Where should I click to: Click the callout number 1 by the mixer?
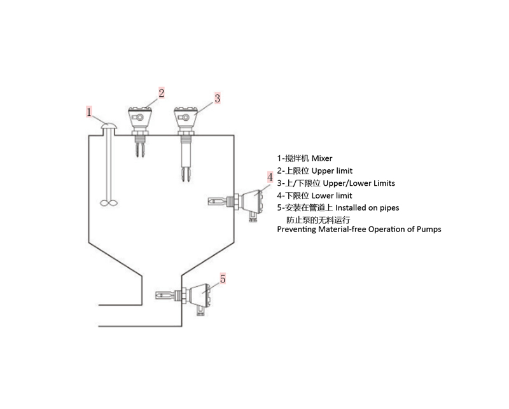90,113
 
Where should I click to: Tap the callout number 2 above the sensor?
162,94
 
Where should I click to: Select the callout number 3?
217,98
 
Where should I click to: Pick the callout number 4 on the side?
270,176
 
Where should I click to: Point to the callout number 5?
223,279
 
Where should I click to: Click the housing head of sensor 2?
139,117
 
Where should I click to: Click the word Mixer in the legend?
322,158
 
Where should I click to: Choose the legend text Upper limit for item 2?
332,171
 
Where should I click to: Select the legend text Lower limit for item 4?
331,196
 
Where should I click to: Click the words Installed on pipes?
368,208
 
